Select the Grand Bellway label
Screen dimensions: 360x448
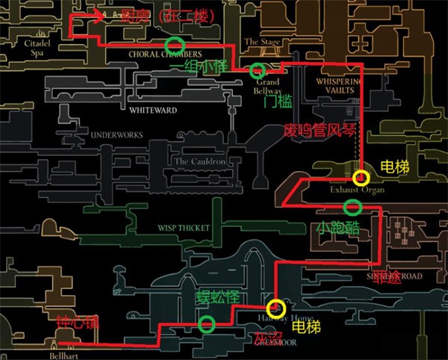pyautogui.click(x=269, y=86)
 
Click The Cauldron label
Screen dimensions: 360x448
pyautogui.click(x=198, y=161)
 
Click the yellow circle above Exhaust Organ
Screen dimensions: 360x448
pyautogui.click(x=361, y=178)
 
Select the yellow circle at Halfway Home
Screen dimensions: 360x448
pyautogui.click(x=277, y=307)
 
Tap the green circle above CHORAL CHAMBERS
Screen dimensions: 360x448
pyautogui.click(x=174, y=43)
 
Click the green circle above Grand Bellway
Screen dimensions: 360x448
pyautogui.click(x=258, y=71)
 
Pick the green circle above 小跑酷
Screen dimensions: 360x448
pyautogui.click(x=351, y=207)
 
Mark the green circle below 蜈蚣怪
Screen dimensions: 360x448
pyautogui.click(x=207, y=324)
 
